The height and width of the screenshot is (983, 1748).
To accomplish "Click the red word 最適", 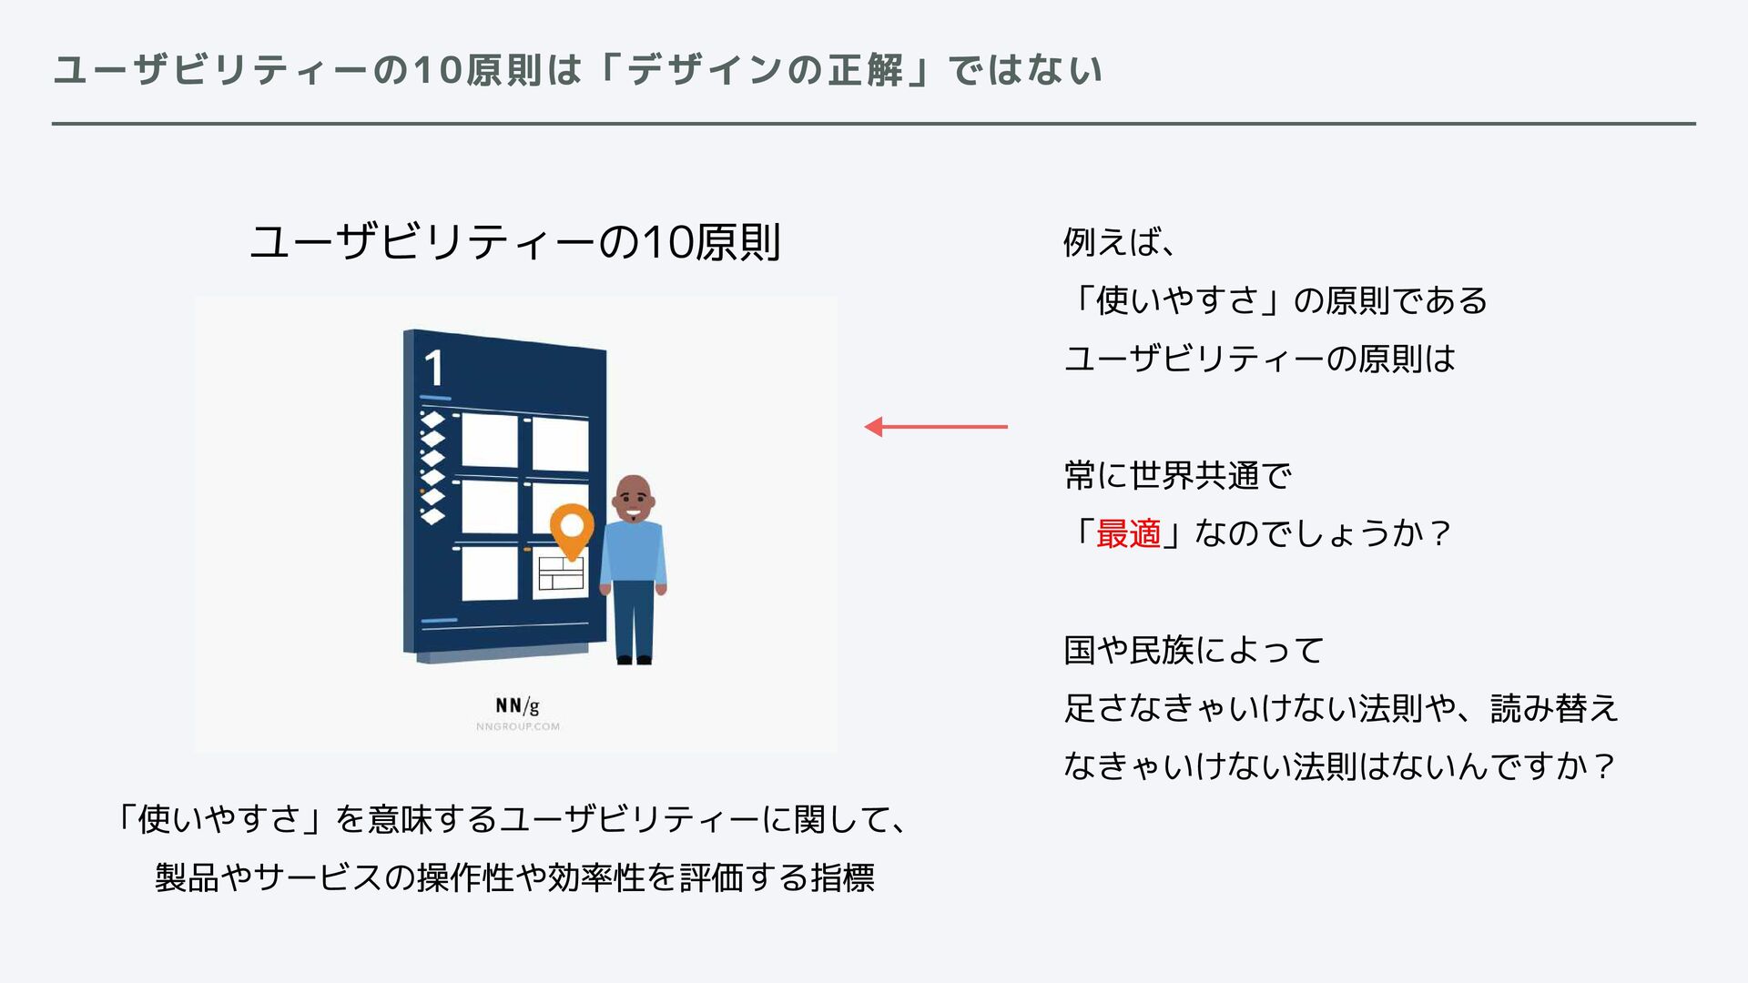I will [1128, 533].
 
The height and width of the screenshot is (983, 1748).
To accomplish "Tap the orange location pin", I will [572, 529].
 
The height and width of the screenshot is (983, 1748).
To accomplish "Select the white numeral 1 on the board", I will [433, 369].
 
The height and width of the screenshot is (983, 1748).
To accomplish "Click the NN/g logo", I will [517, 705].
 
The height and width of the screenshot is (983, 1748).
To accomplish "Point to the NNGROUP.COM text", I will [517, 726].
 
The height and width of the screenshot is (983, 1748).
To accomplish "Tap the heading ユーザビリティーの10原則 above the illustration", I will [515, 242].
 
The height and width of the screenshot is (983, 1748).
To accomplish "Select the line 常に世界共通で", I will [1177, 475].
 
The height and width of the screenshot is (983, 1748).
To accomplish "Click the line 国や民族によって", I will [1194, 650].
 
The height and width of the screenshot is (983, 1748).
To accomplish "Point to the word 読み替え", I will [1554, 708].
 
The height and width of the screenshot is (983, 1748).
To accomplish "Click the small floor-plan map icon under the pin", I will [560, 573].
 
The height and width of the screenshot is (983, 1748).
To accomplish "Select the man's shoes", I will [634, 659].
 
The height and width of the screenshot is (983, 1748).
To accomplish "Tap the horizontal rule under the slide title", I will [873, 124].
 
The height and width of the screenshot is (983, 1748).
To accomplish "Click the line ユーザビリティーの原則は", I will [1259, 359].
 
